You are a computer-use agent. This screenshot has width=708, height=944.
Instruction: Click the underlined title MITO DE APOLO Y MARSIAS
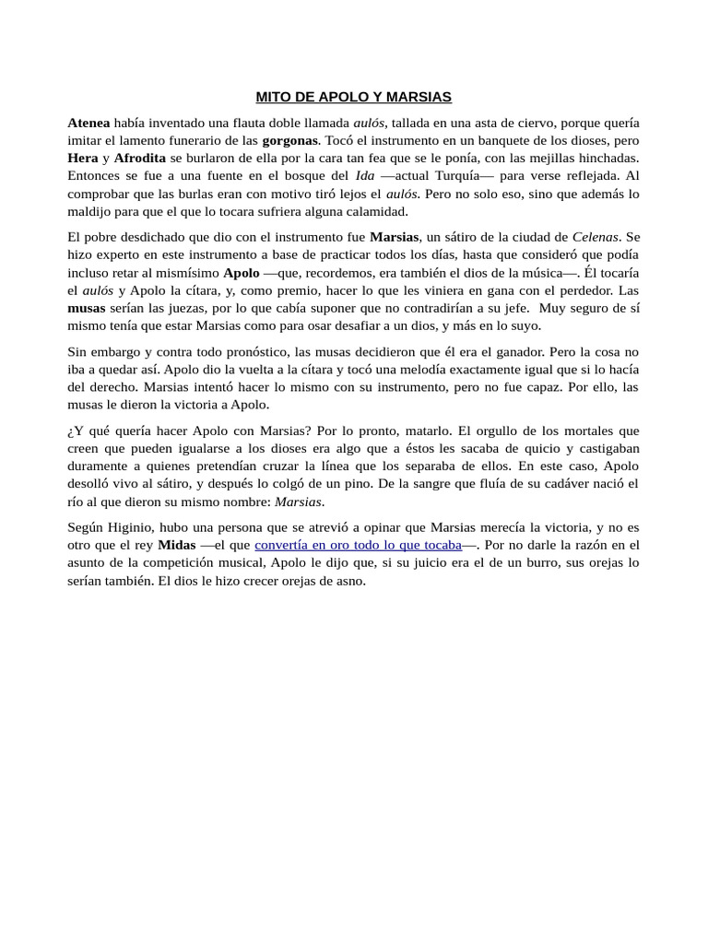pos(353,97)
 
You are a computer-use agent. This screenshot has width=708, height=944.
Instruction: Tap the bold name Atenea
pos(88,123)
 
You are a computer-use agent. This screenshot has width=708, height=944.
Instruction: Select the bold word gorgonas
pos(290,140)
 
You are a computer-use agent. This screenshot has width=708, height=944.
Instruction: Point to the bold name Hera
pos(83,158)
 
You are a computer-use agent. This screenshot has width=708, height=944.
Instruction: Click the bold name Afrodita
pos(140,158)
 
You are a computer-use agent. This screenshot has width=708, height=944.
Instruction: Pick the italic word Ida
pos(364,175)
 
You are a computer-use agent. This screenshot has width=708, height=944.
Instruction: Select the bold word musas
pos(88,307)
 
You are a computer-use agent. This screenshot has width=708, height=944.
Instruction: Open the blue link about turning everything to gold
pos(358,545)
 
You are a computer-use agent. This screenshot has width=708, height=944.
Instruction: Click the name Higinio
pos(134,527)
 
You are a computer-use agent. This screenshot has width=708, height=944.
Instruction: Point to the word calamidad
pos(375,210)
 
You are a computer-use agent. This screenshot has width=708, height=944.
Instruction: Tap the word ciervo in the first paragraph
pos(529,123)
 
